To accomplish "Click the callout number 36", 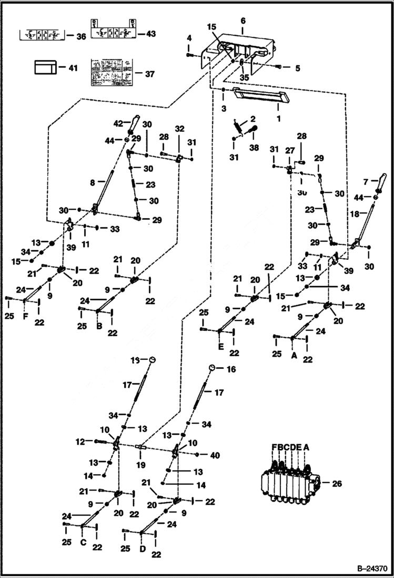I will coord(80,36).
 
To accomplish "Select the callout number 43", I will coord(151,34).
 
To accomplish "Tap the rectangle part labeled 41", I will coord(45,67).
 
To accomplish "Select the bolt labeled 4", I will coord(189,53).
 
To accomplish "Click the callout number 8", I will coord(93,182).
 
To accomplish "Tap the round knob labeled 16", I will coord(211,368).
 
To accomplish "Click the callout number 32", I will coord(179,128).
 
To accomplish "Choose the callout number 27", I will coord(289,150).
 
